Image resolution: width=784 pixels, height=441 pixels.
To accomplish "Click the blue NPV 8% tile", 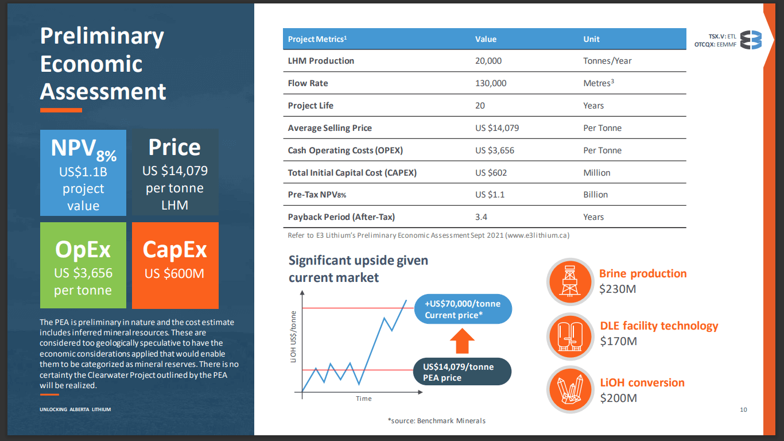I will click(x=83, y=172).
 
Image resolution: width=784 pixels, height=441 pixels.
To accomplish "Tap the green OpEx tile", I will click(x=83, y=265).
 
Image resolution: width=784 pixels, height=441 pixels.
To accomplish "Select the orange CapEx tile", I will click(x=175, y=265).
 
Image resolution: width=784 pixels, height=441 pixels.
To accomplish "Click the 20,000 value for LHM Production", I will click(x=488, y=61).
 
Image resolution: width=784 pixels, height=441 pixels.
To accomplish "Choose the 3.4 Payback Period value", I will click(x=482, y=217).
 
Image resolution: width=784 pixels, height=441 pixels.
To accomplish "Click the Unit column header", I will click(x=591, y=39).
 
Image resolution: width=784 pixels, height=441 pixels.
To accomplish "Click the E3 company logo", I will click(x=751, y=40).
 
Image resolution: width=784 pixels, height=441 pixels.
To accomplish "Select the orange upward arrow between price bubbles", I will click(x=462, y=341).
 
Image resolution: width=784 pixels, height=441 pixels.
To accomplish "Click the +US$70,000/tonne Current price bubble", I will click(x=463, y=310).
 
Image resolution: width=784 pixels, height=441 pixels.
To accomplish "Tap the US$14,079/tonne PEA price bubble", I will click(x=462, y=372).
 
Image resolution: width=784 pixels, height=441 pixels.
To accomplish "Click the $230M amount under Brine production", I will click(x=618, y=289).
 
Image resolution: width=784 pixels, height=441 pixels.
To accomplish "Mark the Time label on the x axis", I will click(x=364, y=399).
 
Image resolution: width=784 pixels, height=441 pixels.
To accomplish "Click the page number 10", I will click(x=744, y=409).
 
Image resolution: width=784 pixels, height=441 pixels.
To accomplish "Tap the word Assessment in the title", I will click(x=103, y=92).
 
